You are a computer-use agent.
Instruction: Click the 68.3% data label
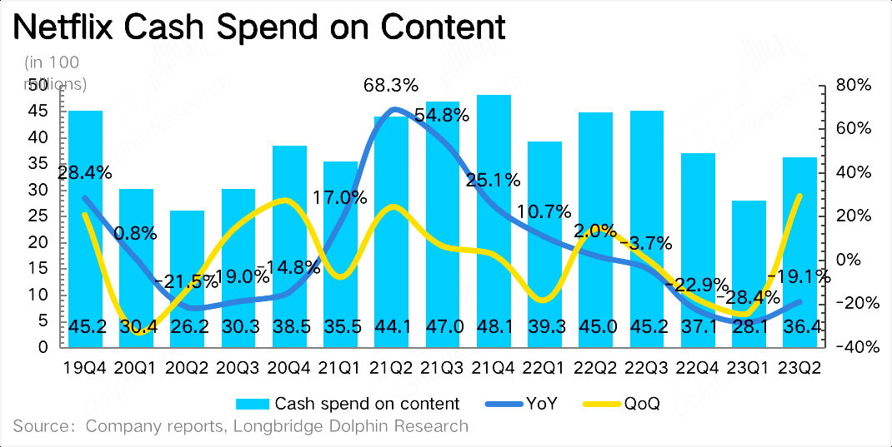(x=391, y=86)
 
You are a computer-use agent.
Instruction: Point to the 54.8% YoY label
(x=442, y=116)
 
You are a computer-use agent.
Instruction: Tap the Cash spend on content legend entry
(x=367, y=404)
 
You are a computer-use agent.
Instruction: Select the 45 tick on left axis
(x=38, y=111)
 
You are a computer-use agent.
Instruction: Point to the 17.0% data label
(x=340, y=199)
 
